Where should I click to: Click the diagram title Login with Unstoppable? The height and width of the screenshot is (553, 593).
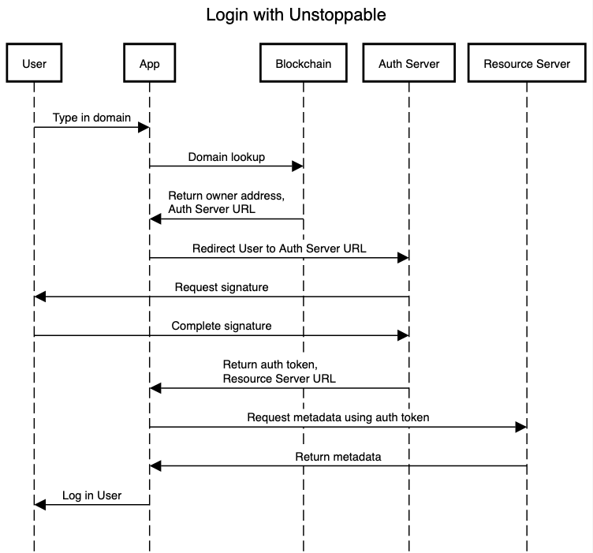[x=296, y=15]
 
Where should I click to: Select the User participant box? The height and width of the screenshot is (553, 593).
[x=34, y=64]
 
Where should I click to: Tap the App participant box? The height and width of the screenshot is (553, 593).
[x=149, y=64]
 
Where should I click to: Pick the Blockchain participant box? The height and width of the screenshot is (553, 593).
[x=303, y=64]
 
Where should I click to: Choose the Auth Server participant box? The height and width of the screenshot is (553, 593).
[x=408, y=64]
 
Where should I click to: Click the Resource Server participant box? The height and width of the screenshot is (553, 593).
[x=526, y=64]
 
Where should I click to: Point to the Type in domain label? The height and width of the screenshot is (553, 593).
[x=91, y=118]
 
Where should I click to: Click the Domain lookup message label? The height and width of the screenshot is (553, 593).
[x=226, y=157]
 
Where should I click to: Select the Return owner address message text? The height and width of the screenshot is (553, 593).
[x=226, y=203]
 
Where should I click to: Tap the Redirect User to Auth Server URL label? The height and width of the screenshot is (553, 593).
[x=279, y=248]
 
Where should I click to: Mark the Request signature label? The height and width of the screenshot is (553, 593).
[x=222, y=287]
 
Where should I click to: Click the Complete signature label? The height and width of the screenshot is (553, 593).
[x=222, y=325]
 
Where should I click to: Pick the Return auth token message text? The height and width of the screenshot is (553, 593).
[x=279, y=372]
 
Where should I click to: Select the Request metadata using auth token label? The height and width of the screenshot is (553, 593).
[x=338, y=417]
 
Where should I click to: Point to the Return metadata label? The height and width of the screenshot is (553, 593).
[x=338, y=456]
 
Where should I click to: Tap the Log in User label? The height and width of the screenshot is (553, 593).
[x=91, y=495]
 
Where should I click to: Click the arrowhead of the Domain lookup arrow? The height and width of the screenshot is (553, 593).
[x=298, y=166]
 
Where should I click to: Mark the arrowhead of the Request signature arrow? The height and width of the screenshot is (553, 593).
[x=40, y=297]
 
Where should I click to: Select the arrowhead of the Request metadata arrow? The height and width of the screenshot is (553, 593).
[x=520, y=427]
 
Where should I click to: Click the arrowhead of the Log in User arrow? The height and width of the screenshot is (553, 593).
[x=40, y=505]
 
